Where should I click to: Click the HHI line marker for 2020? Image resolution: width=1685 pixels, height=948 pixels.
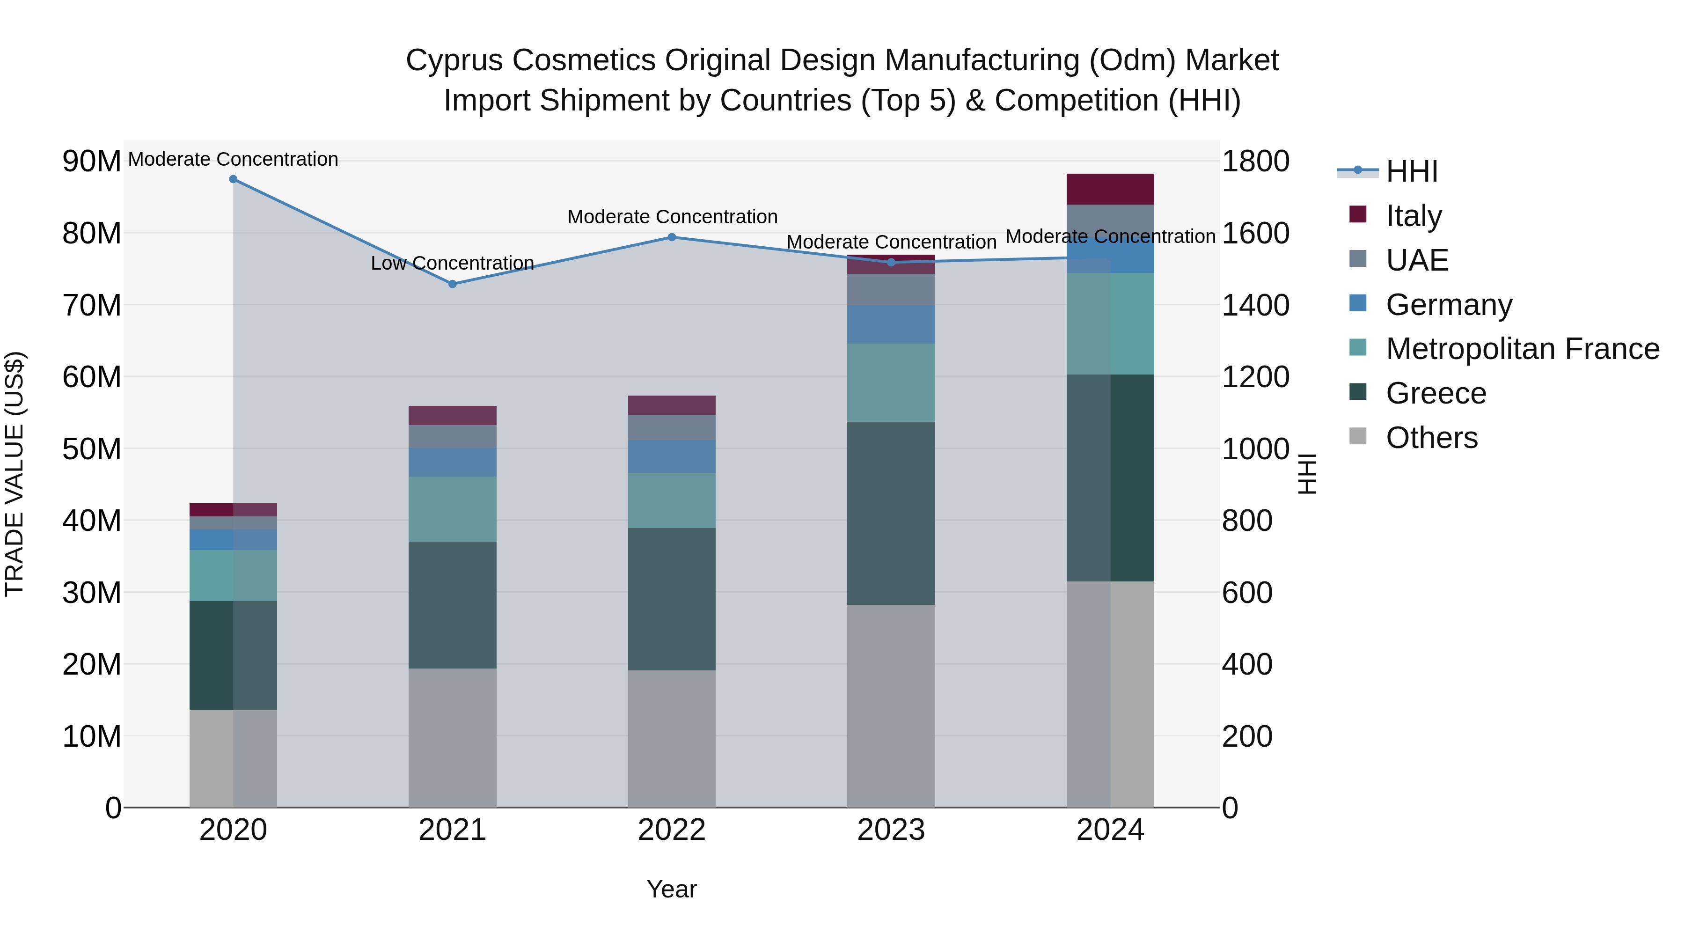[233, 179]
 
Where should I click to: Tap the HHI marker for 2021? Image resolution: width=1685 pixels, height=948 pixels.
[452, 284]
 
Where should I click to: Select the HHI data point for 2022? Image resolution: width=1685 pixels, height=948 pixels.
[671, 237]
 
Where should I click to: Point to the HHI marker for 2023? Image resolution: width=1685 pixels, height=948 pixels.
[891, 262]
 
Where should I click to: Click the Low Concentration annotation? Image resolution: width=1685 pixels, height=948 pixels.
[452, 263]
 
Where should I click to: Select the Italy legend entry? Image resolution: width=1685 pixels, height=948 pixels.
[1413, 216]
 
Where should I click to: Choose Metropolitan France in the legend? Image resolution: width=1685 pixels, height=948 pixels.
[1522, 349]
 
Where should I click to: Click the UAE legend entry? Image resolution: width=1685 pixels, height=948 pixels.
[1417, 260]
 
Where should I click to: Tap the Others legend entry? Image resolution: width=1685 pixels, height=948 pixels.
[1431, 438]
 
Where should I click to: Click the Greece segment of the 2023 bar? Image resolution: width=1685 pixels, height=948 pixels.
[891, 513]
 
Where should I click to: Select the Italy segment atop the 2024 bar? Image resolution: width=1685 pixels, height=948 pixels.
[1110, 189]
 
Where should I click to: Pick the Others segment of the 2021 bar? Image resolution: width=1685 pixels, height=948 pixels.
[452, 737]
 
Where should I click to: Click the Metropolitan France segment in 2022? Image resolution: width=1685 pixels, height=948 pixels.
[671, 500]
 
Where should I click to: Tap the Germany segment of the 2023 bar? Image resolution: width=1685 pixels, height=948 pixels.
[891, 324]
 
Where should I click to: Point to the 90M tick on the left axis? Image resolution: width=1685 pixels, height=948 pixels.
[92, 162]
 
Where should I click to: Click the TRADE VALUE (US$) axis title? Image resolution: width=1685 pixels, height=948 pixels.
[15, 474]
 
